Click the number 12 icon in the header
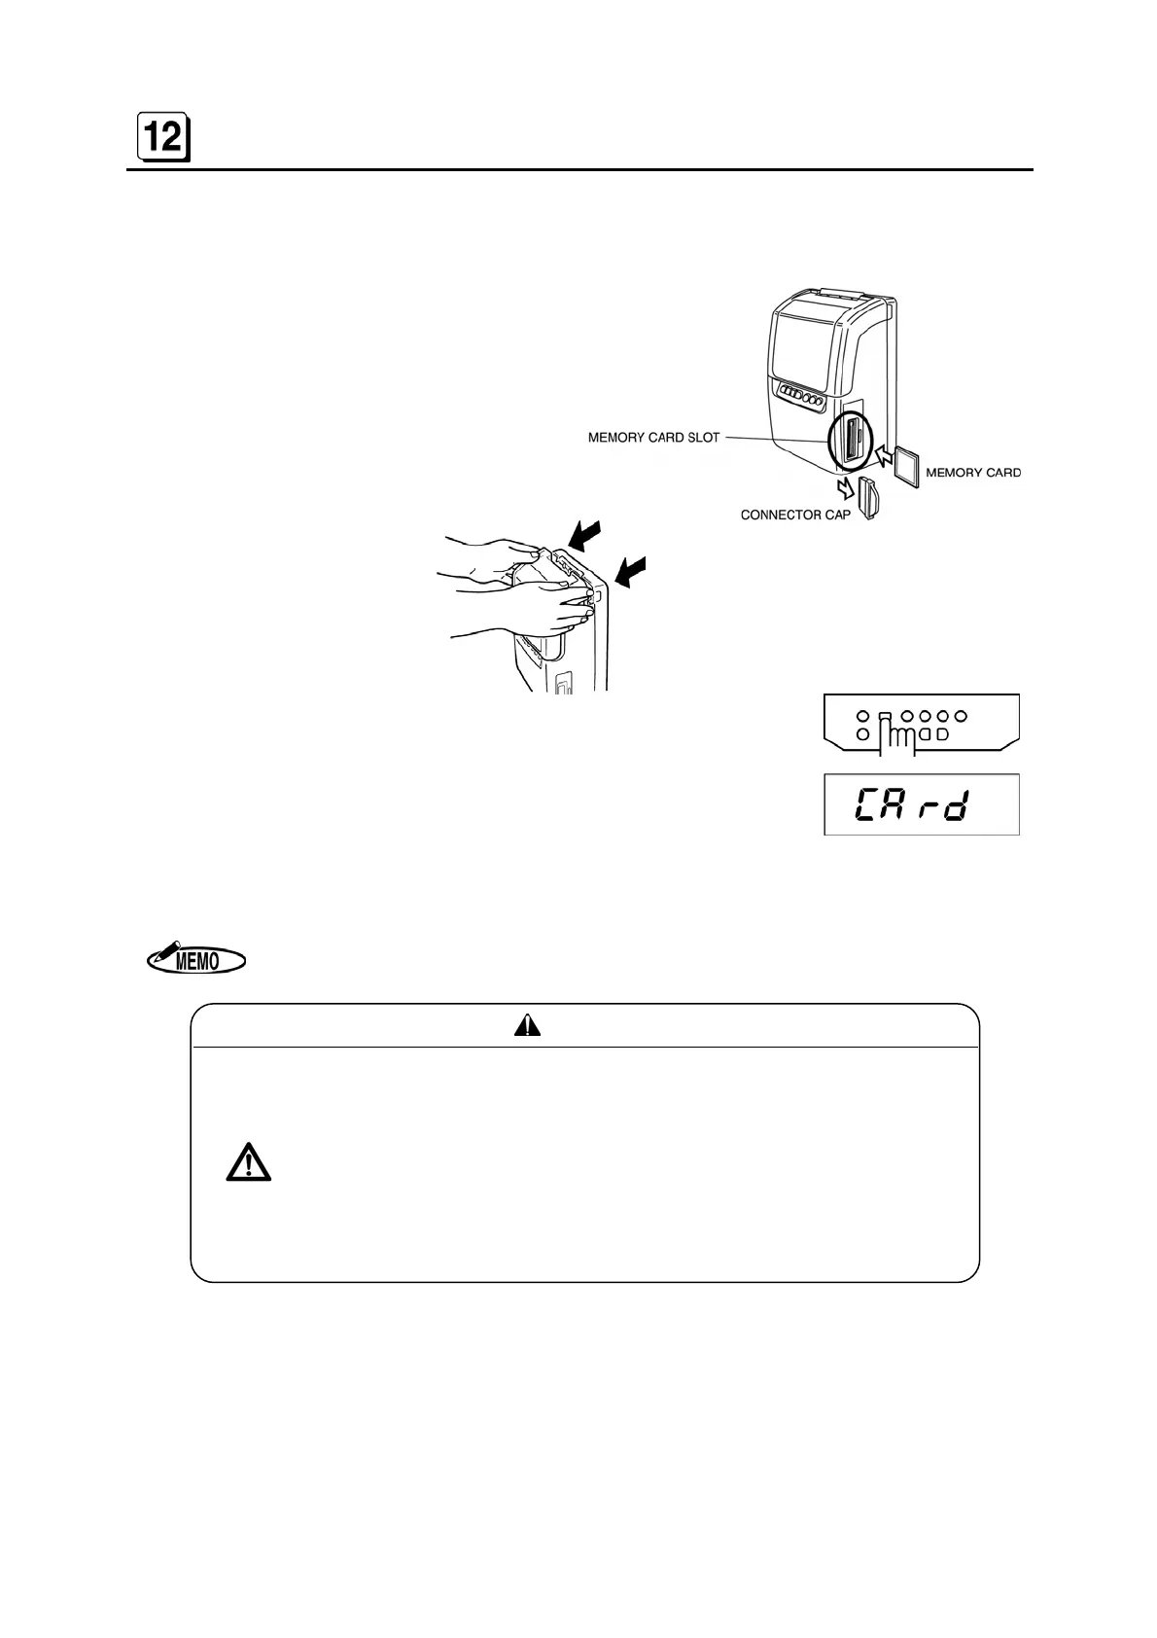coord(162,139)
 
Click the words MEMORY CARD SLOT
coord(653,438)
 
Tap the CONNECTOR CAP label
coord(794,515)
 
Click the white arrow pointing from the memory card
coord(883,453)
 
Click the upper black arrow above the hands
coord(585,536)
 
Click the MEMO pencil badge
coord(195,960)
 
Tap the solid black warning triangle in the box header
coord(527,1025)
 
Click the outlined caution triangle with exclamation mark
coord(248,1163)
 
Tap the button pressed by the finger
coord(885,718)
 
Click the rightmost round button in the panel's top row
coord(962,716)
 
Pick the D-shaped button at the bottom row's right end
coord(941,734)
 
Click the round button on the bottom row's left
coord(862,734)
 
